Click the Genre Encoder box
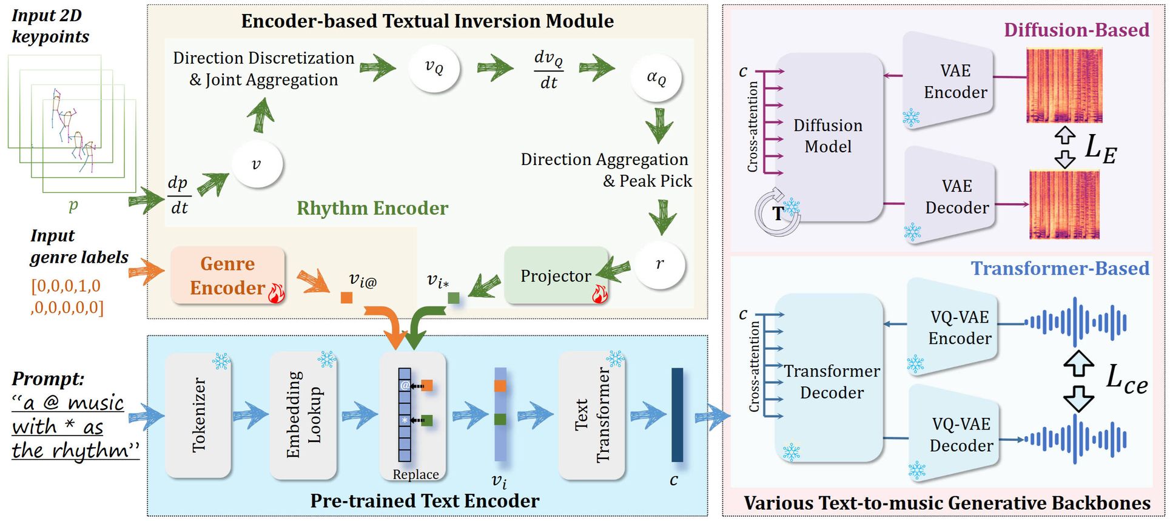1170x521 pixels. [x=227, y=275]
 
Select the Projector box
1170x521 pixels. [x=556, y=276]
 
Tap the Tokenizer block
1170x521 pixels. [x=198, y=415]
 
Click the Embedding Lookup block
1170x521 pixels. [x=303, y=415]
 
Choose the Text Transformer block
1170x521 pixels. [x=591, y=415]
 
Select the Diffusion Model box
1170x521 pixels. [x=829, y=136]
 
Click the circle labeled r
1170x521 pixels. [x=660, y=264]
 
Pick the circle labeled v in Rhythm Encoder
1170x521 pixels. [x=257, y=164]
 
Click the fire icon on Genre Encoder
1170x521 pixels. [x=276, y=294]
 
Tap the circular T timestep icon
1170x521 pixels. [x=777, y=212]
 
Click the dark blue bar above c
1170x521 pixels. [x=677, y=415]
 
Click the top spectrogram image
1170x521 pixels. [x=1064, y=86]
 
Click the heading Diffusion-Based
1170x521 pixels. [x=1076, y=30]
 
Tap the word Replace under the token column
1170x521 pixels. [x=415, y=474]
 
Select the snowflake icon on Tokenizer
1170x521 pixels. [x=221, y=362]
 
